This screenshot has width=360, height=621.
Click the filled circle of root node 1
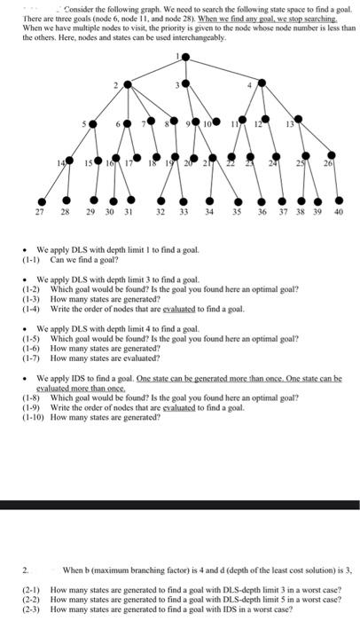pyautogui.click(x=184, y=59)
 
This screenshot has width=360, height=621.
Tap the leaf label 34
pyautogui.click(x=208, y=213)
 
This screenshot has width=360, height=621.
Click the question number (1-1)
pyautogui.click(x=33, y=261)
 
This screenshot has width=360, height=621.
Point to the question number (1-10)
pyautogui.click(x=35, y=416)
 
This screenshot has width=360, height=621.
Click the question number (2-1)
pyautogui.click(x=33, y=589)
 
